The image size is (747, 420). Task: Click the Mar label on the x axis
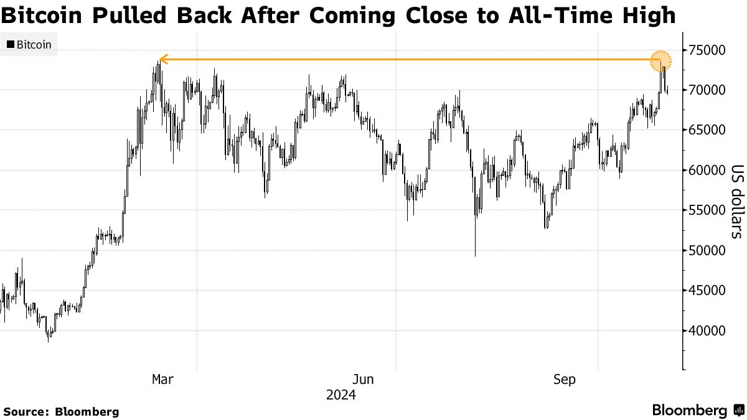163,380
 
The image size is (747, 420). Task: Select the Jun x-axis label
363,380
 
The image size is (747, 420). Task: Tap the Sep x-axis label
564,380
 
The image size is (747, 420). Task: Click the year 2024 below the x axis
341,395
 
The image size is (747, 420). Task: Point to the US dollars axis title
736,201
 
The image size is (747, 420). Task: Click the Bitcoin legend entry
29,45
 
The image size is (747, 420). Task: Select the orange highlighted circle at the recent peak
660,60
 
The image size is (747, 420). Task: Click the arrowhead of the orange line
161,60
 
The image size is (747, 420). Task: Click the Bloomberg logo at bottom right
697,410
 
